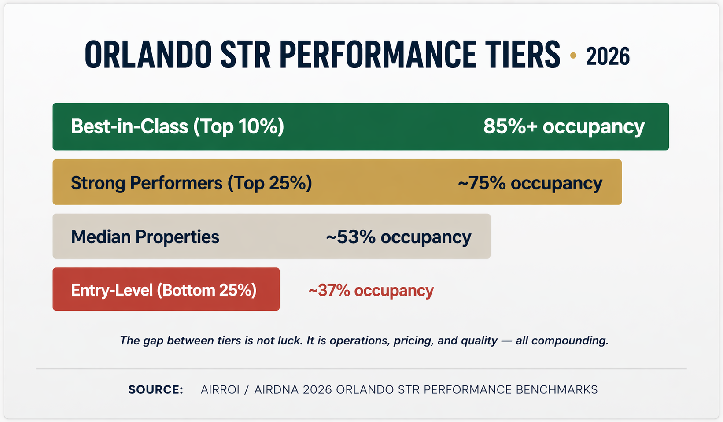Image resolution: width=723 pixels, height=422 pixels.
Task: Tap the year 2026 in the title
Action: click(x=608, y=56)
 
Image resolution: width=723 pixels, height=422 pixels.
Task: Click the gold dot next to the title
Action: click(x=573, y=56)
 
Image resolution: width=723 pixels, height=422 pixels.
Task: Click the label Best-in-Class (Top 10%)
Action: click(x=177, y=126)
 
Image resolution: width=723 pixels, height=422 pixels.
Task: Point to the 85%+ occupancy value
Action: click(x=564, y=126)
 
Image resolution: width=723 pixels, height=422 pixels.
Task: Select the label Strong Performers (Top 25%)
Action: click(x=191, y=182)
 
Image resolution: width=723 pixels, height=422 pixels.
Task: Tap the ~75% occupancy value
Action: click(x=530, y=182)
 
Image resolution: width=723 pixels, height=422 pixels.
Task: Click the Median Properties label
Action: click(x=145, y=237)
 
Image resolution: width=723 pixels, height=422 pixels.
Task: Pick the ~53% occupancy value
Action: click(x=398, y=237)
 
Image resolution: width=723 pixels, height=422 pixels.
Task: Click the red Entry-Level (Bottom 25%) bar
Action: click(x=166, y=289)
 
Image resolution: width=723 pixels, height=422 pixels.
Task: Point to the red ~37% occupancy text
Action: click(x=371, y=290)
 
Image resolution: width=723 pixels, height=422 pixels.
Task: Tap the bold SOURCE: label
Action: click(x=155, y=390)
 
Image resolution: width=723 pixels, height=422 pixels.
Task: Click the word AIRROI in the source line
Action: click(x=220, y=390)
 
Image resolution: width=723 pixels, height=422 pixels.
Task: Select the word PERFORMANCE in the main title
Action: click(x=378, y=55)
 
